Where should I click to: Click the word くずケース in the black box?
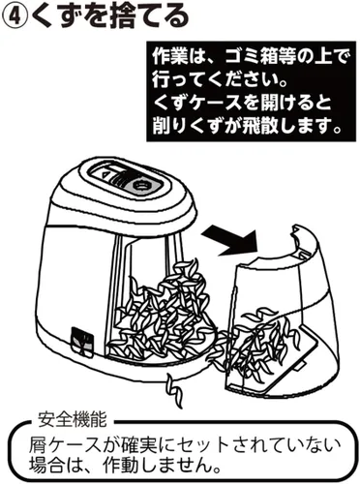click(196, 104)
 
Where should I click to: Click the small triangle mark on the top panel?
click(104, 174)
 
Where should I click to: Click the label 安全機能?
click(72, 419)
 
